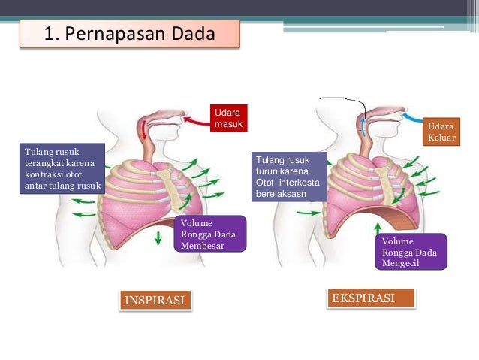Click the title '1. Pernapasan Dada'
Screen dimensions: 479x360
click(x=130, y=35)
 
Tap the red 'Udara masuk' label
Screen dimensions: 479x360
click(x=227, y=117)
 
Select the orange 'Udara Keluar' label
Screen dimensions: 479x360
click(x=441, y=132)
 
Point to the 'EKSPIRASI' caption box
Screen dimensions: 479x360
click(x=372, y=298)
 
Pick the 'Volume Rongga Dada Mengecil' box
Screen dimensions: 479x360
click(x=411, y=251)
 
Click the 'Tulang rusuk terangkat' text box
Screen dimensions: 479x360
click(x=61, y=168)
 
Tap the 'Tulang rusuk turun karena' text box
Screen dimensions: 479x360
click(x=291, y=176)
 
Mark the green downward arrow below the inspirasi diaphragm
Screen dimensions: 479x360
click(x=158, y=239)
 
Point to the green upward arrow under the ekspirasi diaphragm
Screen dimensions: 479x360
click(x=377, y=223)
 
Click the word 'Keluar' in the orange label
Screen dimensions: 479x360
click(x=441, y=138)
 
